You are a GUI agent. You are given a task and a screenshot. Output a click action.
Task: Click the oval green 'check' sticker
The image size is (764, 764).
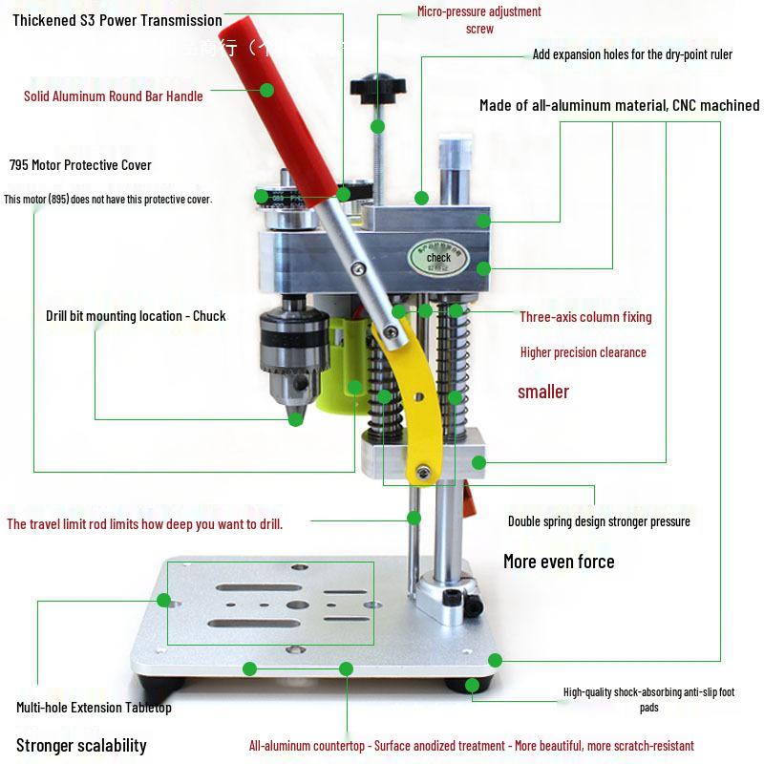[x=438, y=256]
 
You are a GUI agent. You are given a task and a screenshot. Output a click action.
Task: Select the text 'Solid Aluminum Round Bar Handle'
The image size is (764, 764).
[x=114, y=95]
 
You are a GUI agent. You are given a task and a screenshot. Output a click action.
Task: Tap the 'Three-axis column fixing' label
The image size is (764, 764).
[x=585, y=316]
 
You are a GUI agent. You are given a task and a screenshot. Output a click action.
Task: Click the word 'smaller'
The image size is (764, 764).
[x=543, y=392]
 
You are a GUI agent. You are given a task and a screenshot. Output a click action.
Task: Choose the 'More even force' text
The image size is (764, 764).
[x=559, y=562]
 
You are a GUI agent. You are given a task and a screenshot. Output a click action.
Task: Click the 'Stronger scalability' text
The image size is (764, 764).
[x=81, y=745]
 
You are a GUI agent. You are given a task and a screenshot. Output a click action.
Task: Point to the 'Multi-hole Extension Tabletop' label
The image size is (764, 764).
[x=94, y=708]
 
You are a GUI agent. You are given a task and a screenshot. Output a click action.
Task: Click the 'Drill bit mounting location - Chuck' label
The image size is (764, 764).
[x=136, y=316]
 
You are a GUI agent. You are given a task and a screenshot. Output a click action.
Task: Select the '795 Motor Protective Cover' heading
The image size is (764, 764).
[x=80, y=165]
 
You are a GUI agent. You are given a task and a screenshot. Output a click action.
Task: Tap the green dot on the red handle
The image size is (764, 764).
[x=266, y=90]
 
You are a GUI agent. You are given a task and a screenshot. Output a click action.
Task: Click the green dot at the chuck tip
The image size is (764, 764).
[x=295, y=418]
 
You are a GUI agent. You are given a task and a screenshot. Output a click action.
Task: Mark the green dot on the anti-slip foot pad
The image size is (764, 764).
[x=472, y=685]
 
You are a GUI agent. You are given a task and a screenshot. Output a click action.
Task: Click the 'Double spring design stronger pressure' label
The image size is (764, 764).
[x=599, y=521]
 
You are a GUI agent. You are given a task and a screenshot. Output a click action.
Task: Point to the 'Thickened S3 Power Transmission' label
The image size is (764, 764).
[x=117, y=20]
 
